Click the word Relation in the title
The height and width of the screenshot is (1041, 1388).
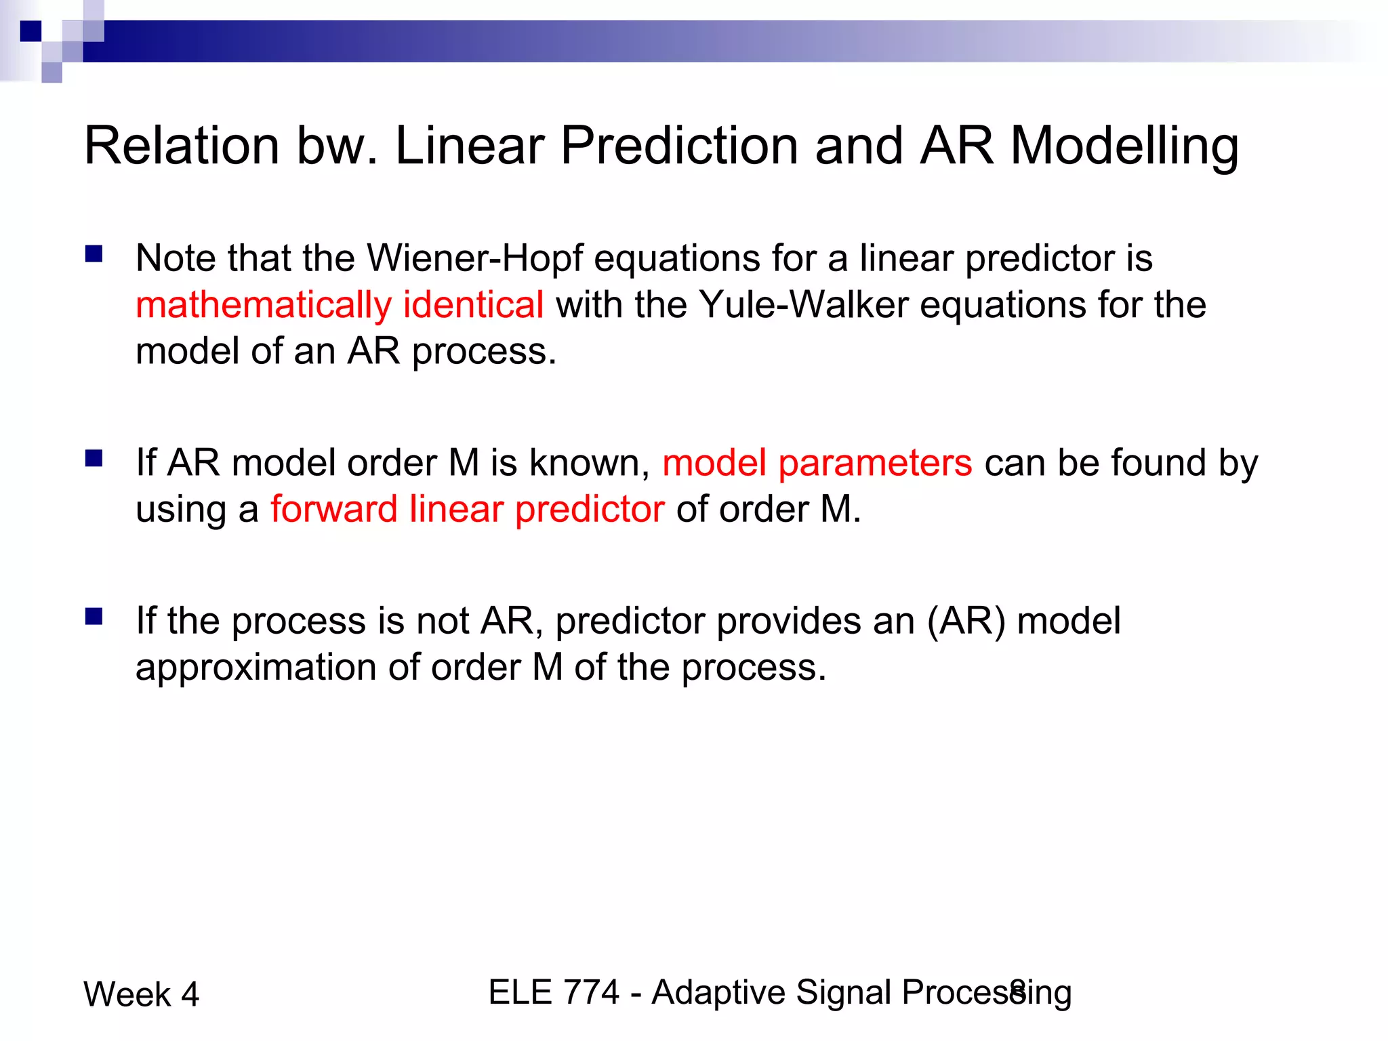pos(182,146)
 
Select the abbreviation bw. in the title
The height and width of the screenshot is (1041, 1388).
pos(337,146)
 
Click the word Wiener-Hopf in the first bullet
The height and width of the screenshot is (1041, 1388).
pos(474,259)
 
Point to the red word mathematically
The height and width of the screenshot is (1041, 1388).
pos(263,306)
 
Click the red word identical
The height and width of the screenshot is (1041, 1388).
pos(473,304)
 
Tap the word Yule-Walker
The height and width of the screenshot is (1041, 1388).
pos(803,304)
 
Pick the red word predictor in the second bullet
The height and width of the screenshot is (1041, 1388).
pos(590,510)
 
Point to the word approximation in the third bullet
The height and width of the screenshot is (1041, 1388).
pos(256,668)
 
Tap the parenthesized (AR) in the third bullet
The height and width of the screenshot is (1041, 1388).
pos(966,621)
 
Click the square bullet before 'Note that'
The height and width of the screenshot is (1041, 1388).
pos(94,254)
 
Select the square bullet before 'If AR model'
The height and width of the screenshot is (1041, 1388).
pos(94,459)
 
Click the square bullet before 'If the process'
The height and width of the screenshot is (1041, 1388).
pos(94,616)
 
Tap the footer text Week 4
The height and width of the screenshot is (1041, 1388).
pos(141,995)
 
